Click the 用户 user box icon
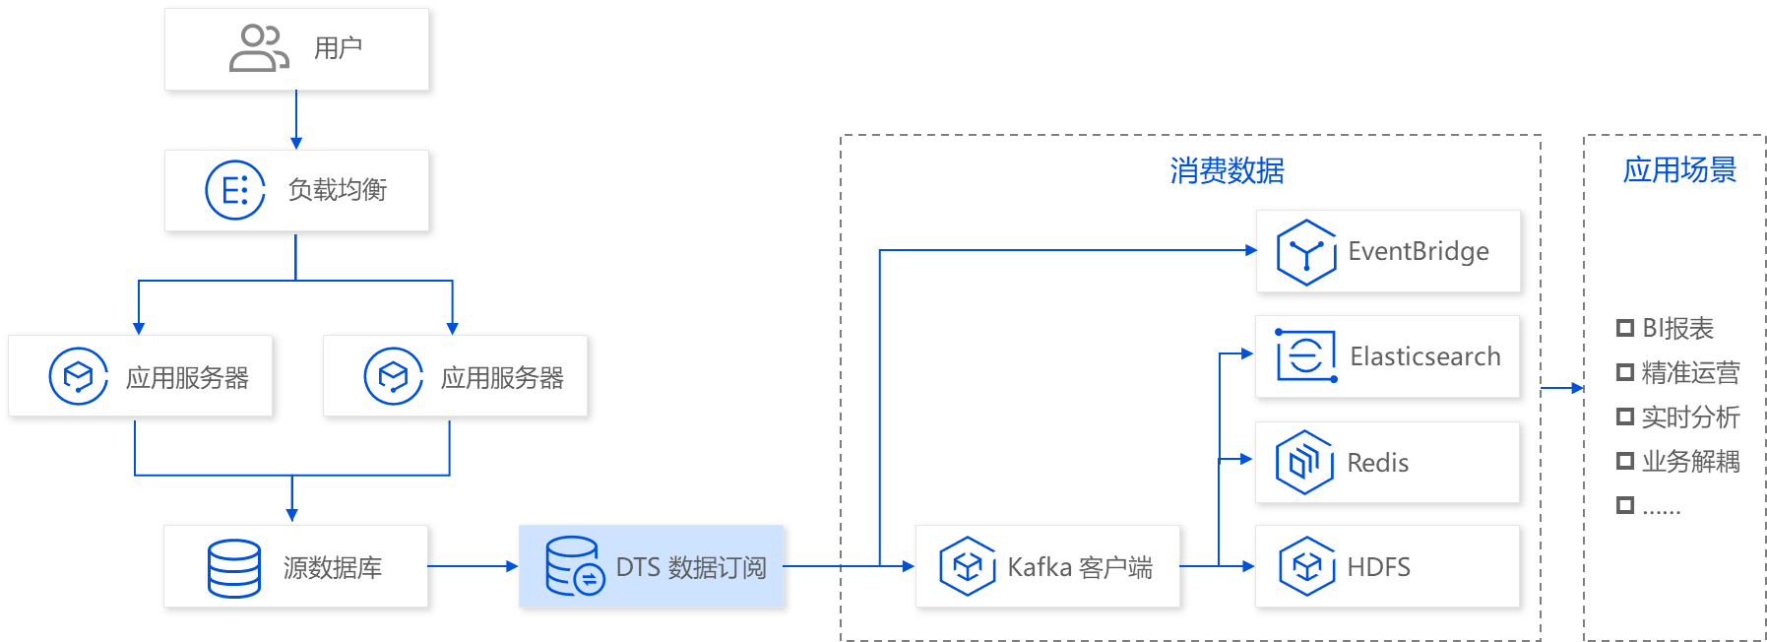[x=258, y=48]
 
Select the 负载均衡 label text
[x=338, y=189]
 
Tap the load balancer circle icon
[x=234, y=190]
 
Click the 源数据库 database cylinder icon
[x=234, y=568]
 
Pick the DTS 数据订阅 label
[x=690, y=568]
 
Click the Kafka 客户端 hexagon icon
[x=967, y=566]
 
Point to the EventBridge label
[x=1418, y=252]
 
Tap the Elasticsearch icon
[x=1305, y=355]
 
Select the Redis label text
[x=1377, y=463]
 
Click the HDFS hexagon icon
[x=1306, y=566]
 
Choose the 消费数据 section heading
[x=1227, y=171]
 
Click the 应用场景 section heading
[x=1679, y=170]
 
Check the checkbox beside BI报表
[x=1624, y=328]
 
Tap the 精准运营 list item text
[x=1690, y=373]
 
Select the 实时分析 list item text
[x=1690, y=417]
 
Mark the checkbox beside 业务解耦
[x=1624, y=461]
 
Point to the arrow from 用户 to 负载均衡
[x=295, y=120]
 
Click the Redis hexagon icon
[x=1304, y=462]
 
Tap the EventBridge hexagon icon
[x=1305, y=253]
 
